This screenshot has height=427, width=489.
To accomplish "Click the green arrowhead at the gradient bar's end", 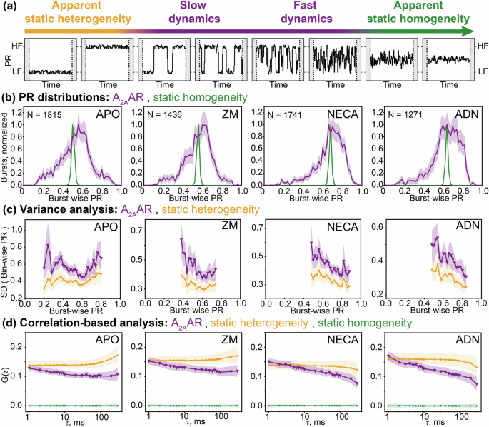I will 467,31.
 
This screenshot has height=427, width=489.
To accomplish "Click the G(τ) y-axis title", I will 6,370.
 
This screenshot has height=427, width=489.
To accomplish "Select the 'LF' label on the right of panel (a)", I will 482,71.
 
